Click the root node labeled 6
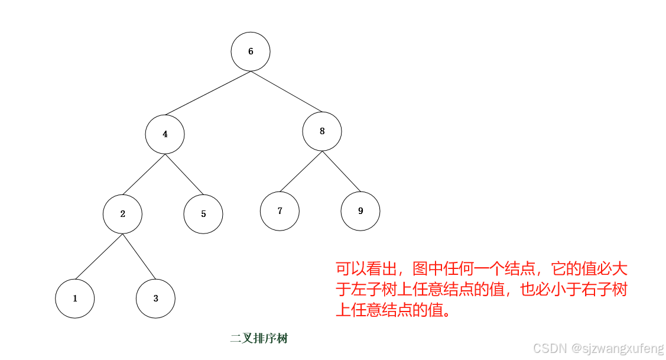251,51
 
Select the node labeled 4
165,134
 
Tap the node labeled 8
322,131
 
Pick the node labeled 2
122,214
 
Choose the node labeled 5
203,214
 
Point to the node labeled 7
280,210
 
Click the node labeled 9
360,210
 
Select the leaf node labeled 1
75,299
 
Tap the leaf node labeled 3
155,299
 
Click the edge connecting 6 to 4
207,93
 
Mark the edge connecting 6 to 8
287,92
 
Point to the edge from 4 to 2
144,174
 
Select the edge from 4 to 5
184,174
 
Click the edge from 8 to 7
301,171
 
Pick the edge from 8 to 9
341,171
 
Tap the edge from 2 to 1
99,257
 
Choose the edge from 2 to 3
139,257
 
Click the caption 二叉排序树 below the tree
259,339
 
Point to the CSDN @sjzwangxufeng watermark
598,348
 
